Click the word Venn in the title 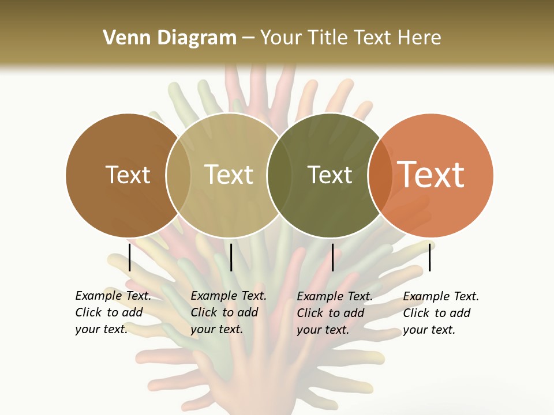click(123, 38)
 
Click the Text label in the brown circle click(128, 175)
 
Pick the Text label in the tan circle click(229, 175)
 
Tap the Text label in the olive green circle click(330, 175)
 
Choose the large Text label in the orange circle click(431, 175)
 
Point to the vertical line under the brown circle click(130, 257)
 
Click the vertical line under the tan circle click(231, 257)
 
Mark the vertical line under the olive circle click(332, 257)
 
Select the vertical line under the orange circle click(429, 257)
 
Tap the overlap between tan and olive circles click(279, 175)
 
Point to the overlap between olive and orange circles click(380, 175)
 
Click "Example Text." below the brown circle click(113, 296)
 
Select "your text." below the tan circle click(216, 329)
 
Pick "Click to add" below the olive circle click(331, 313)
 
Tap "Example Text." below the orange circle click(441, 296)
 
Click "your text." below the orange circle click(429, 330)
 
